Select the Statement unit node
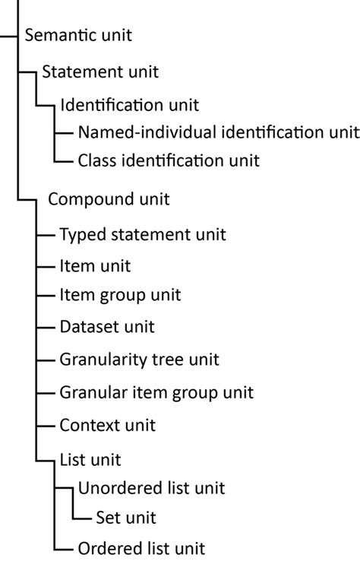click(x=100, y=71)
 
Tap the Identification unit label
click(x=129, y=103)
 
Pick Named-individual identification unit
click(x=218, y=132)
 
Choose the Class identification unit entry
click(x=169, y=160)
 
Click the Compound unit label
click(x=109, y=199)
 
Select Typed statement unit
click(x=143, y=235)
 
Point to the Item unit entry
click(x=95, y=266)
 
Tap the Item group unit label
click(x=120, y=294)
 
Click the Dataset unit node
click(x=107, y=327)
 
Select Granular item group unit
click(x=156, y=392)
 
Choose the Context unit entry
click(x=107, y=424)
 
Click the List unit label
click(x=90, y=460)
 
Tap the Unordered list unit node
click(x=152, y=487)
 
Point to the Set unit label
click(x=126, y=518)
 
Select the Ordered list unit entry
click(x=141, y=547)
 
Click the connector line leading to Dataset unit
click(x=45, y=327)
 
